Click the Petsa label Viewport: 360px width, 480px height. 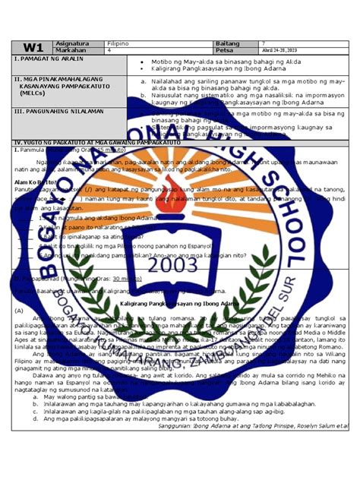pyautogui.click(x=226, y=50)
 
